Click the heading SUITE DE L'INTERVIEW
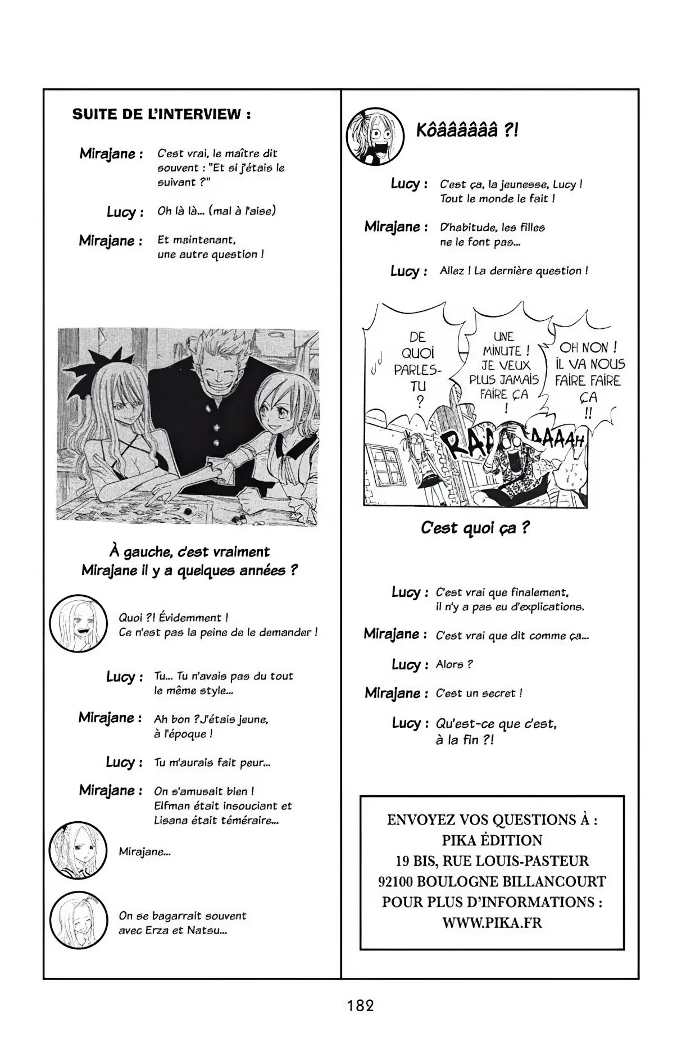tap(161, 115)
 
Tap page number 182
tap(360, 1005)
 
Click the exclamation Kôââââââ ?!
tap(467, 131)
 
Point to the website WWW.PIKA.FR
tap(492, 922)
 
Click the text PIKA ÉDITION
tap(492, 840)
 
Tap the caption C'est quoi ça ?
tap(475, 528)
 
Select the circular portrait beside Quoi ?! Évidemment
tap(78, 624)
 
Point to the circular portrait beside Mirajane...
tap(78, 852)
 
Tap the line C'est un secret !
tap(479, 693)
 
